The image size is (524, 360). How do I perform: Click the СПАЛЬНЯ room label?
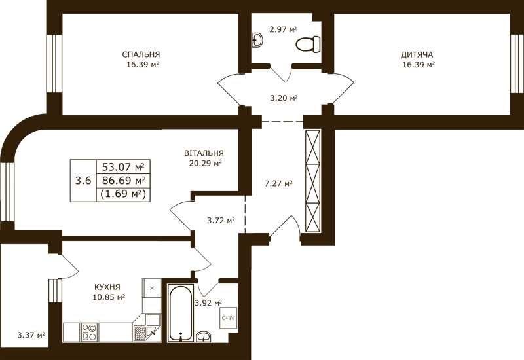(x=141, y=54)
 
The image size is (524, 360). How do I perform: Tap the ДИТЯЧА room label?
(x=417, y=54)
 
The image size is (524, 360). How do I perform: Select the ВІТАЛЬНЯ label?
(x=204, y=153)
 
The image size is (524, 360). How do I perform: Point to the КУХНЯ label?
(x=107, y=287)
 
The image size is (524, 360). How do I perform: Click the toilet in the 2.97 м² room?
(x=308, y=44)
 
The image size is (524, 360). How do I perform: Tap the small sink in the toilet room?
(x=257, y=40)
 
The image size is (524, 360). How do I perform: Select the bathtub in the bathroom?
(x=181, y=313)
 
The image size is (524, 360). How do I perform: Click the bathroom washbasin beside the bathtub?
(x=204, y=336)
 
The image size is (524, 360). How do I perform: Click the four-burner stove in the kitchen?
(x=89, y=333)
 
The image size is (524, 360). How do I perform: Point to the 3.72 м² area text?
(x=221, y=221)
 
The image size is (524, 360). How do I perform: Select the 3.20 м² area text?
(x=284, y=98)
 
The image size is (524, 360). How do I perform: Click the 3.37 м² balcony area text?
(x=31, y=334)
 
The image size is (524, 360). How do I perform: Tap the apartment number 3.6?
(x=83, y=181)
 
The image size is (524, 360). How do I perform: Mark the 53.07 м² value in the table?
(x=123, y=166)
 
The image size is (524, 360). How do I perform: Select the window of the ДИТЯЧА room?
(x=517, y=63)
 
